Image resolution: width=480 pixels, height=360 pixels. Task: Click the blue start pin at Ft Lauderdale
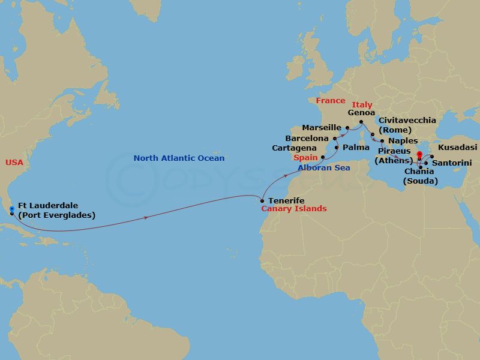click(x=11, y=209)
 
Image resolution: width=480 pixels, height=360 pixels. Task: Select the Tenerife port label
click(x=286, y=200)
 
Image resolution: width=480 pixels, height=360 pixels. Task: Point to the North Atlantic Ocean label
click(x=179, y=158)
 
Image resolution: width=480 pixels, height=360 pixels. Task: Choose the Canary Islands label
click(x=293, y=209)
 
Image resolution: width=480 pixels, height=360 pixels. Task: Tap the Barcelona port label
click(x=306, y=138)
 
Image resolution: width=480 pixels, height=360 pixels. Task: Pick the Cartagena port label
click(x=294, y=148)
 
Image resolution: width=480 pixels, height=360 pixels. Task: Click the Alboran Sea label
click(x=323, y=168)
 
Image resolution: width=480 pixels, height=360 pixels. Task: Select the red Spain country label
click(x=305, y=158)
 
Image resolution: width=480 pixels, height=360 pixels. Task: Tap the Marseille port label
click(x=322, y=128)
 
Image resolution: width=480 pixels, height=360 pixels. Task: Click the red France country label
click(x=331, y=101)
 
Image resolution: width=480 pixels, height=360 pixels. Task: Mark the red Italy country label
click(x=362, y=105)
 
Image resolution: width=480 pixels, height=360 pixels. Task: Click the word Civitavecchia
click(x=407, y=121)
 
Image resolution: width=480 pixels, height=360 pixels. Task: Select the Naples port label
click(x=403, y=141)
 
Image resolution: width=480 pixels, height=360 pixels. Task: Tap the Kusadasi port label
click(x=458, y=147)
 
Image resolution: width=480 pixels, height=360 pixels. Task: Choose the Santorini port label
click(x=452, y=163)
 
